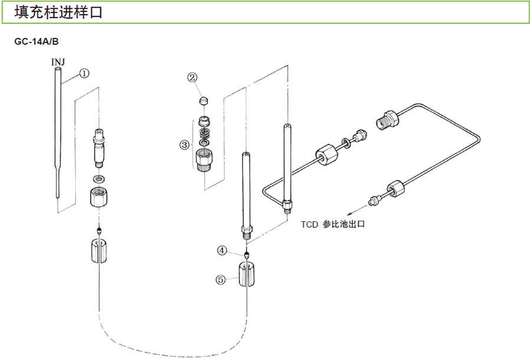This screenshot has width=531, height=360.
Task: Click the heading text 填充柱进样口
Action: coord(58,12)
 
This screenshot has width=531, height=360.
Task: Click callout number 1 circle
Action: coord(84,74)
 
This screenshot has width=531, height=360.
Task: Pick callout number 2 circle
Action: coord(193,77)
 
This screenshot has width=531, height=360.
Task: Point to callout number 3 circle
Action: coord(185,144)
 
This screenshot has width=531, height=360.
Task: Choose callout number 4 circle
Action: coord(222,251)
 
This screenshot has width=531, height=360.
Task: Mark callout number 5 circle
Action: coord(221,280)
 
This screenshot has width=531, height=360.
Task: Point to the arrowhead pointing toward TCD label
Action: coord(349,215)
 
